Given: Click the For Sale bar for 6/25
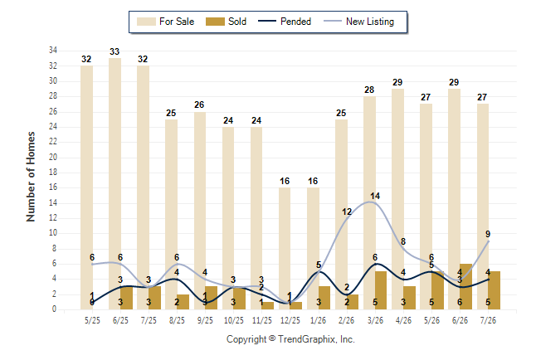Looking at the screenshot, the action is (x=115, y=183).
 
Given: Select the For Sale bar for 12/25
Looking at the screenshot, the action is (x=285, y=248).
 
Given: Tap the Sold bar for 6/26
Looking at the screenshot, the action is (x=466, y=286).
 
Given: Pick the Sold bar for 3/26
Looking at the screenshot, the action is (x=381, y=290).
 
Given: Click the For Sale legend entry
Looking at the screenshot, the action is (x=165, y=22).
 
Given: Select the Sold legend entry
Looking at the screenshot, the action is (x=226, y=22).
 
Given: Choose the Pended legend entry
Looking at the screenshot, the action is (x=285, y=22).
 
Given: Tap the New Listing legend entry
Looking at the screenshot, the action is (x=359, y=22).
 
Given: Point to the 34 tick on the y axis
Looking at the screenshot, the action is (x=53, y=51).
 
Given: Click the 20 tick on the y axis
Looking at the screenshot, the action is (x=53, y=157).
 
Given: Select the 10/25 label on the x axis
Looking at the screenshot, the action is (x=234, y=320).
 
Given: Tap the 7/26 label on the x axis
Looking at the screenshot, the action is (x=488, y=320).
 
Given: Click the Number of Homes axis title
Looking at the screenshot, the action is (x=31, y=177).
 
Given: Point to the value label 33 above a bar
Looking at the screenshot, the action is (x=115, y=51).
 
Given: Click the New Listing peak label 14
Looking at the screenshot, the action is (x=375, y=196).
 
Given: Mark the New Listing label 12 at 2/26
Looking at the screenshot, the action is (x=347, y=212).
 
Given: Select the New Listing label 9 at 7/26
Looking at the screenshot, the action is (x=488, y=234).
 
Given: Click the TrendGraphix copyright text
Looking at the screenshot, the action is (x=290, y=339).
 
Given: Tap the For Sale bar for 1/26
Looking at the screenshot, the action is (x=313, y=248).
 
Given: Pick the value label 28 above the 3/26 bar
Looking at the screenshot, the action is (x=369, y=90).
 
